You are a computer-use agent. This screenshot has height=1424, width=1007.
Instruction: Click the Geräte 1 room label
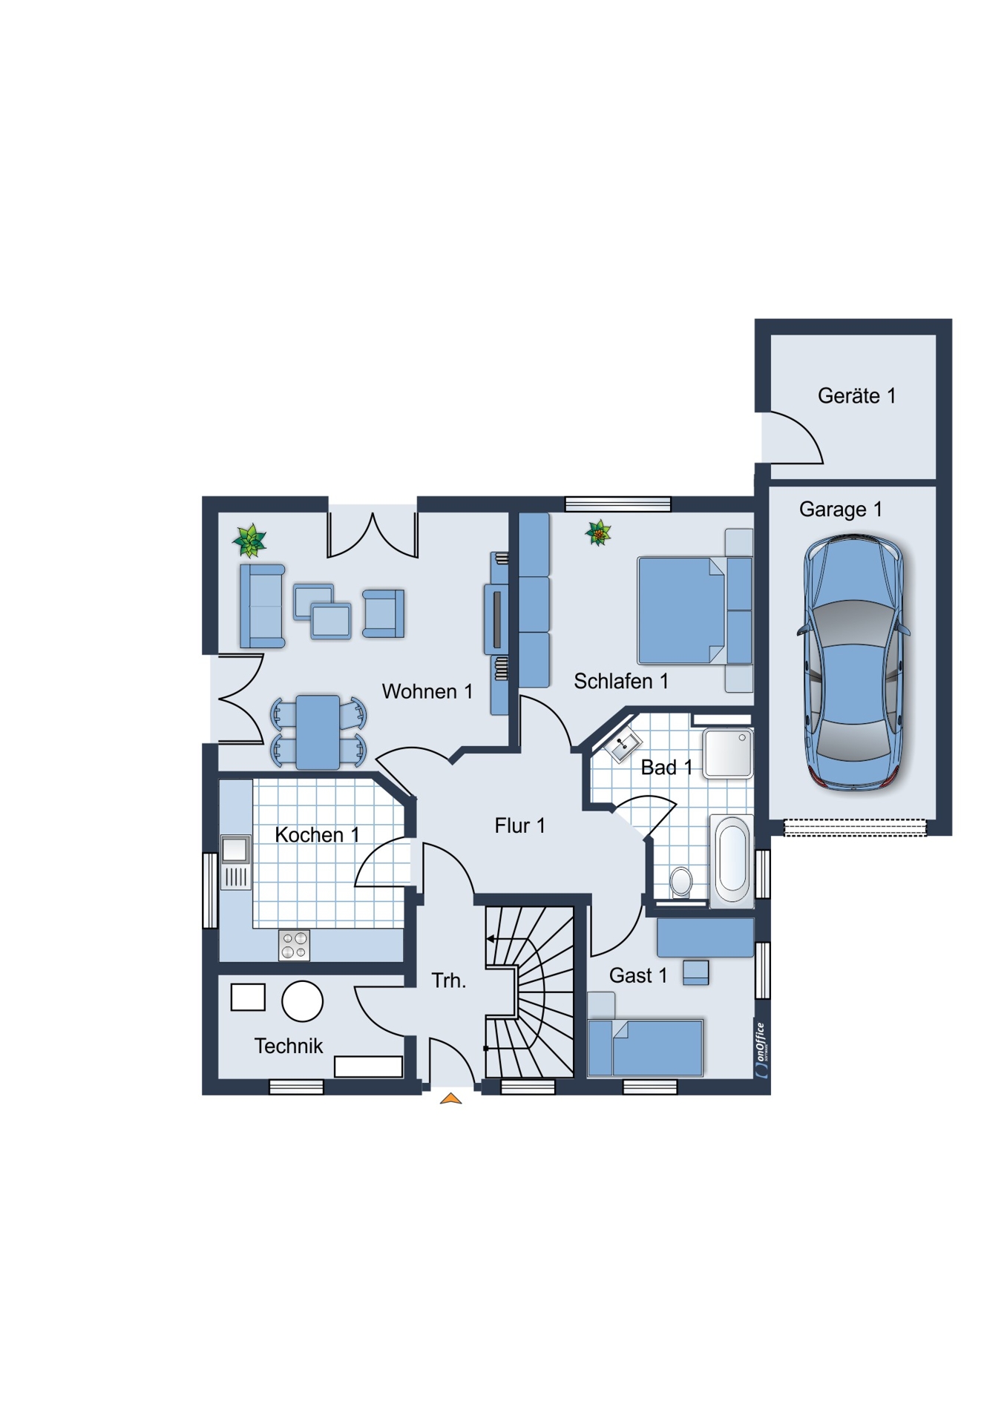tap(856, 396)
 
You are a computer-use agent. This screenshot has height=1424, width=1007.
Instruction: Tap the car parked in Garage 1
tap(853, 662)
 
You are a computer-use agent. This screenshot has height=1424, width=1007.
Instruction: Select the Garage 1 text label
tap(840, 510)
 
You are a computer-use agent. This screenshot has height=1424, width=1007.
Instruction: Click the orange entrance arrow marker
tap(450, 1098)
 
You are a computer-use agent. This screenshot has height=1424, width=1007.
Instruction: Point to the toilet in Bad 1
tap(680, 883)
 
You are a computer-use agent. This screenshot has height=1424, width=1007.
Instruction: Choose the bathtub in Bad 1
tap(732, 860)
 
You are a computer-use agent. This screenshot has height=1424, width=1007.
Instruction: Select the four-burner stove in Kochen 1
tap(294, 945)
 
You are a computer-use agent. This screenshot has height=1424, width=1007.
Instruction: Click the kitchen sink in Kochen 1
tap(235, 863)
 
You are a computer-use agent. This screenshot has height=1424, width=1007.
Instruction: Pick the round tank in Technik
tap(302, 1001)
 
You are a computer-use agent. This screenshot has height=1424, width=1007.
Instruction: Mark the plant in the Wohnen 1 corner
tap(249, 540)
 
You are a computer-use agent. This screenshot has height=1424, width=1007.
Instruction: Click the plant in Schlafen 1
tap(598, 533)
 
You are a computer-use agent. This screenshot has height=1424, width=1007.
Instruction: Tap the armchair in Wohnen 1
tap(384, 613)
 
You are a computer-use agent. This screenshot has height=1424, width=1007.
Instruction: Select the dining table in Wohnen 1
tap(318, 732)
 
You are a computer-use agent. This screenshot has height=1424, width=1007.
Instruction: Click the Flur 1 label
tap(519, 825)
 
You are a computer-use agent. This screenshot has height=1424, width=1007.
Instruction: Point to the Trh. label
tap(449, 980)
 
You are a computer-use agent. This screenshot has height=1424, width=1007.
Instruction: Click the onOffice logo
tap(761, 1049)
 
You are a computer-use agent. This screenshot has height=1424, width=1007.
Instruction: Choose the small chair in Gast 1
tap(695, 972)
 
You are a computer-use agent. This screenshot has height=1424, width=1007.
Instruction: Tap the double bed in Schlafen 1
tap(695, 610)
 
